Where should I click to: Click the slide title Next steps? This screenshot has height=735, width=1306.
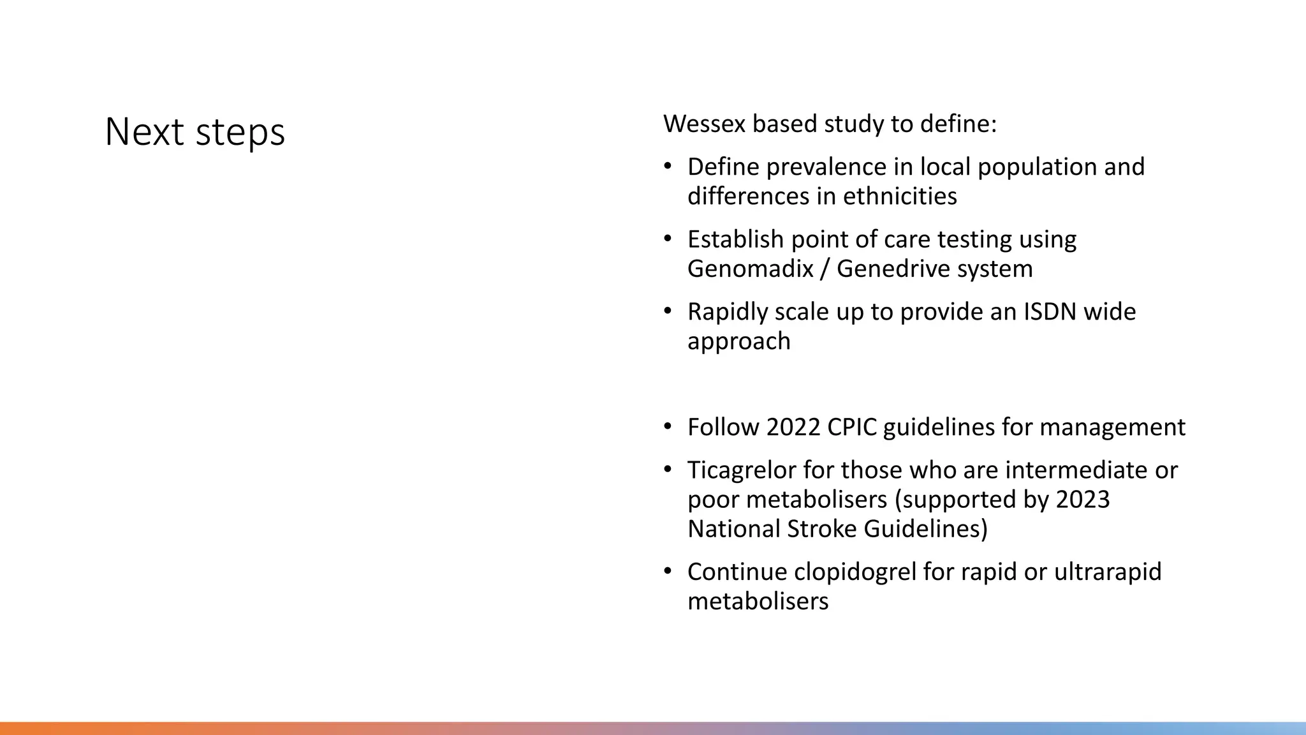coord(194,132)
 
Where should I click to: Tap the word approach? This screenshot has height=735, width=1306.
coord(738,341)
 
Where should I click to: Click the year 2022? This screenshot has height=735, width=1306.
coord(793,427)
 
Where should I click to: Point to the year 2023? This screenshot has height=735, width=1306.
coord(1082,500)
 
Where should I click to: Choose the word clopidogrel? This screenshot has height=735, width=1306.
coord(855,572)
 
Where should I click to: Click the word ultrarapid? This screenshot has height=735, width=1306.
coord(1107,572)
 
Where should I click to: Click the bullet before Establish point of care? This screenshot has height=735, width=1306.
coord(668,239)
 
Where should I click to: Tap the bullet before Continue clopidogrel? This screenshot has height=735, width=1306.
coord(668,571)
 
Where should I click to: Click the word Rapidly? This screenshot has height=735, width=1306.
coord(727,312)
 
